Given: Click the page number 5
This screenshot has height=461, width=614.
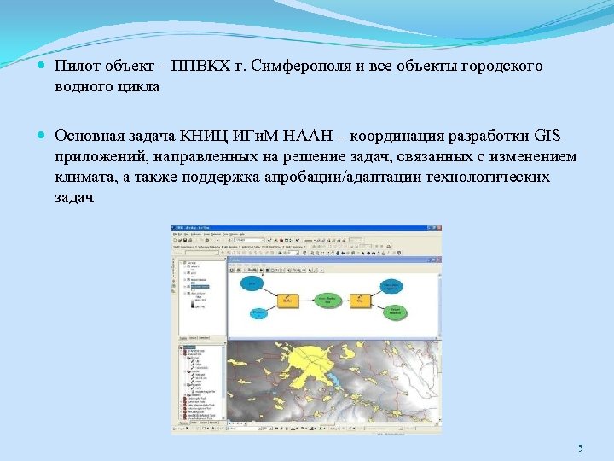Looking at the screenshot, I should point(580,448).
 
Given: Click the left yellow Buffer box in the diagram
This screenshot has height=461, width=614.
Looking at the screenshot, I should point(288,300).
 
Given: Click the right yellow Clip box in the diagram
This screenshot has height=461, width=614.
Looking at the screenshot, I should point(360,300).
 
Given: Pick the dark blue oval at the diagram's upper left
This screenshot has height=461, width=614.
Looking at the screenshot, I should point(252,283).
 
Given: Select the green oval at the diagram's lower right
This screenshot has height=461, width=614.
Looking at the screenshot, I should point(393,313).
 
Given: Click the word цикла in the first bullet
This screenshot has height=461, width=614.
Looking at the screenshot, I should point(132,87).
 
